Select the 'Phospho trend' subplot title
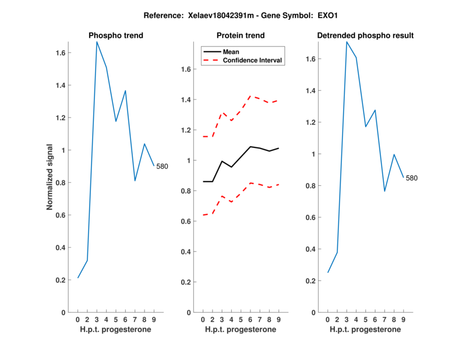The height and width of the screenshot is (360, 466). pos(116,36)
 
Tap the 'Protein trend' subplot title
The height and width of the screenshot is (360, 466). pos(241,36)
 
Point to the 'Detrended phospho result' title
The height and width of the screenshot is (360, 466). pos(365,36)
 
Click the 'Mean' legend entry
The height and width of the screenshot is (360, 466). pos(231,52)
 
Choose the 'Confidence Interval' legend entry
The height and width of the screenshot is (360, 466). pos(252,60)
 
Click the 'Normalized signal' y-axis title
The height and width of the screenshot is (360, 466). pos(50,177)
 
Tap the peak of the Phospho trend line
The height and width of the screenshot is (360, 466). pos(97,42)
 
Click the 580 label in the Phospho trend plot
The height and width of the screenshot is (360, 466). pos(162,167)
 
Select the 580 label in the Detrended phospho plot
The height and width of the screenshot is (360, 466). pos(412,178)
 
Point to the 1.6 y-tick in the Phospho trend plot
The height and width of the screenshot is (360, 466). pos(59,53)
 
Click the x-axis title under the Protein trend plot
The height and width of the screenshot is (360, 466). pos(241,330)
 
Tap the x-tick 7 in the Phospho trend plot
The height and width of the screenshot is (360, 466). pos(135,320)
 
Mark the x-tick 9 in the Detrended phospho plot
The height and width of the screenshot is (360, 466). pos(403,320)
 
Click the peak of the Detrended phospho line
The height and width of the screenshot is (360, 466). pos(347,42)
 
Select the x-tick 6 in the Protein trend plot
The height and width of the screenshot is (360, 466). pos(250,320)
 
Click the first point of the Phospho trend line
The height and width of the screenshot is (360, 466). pos(77,278)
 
